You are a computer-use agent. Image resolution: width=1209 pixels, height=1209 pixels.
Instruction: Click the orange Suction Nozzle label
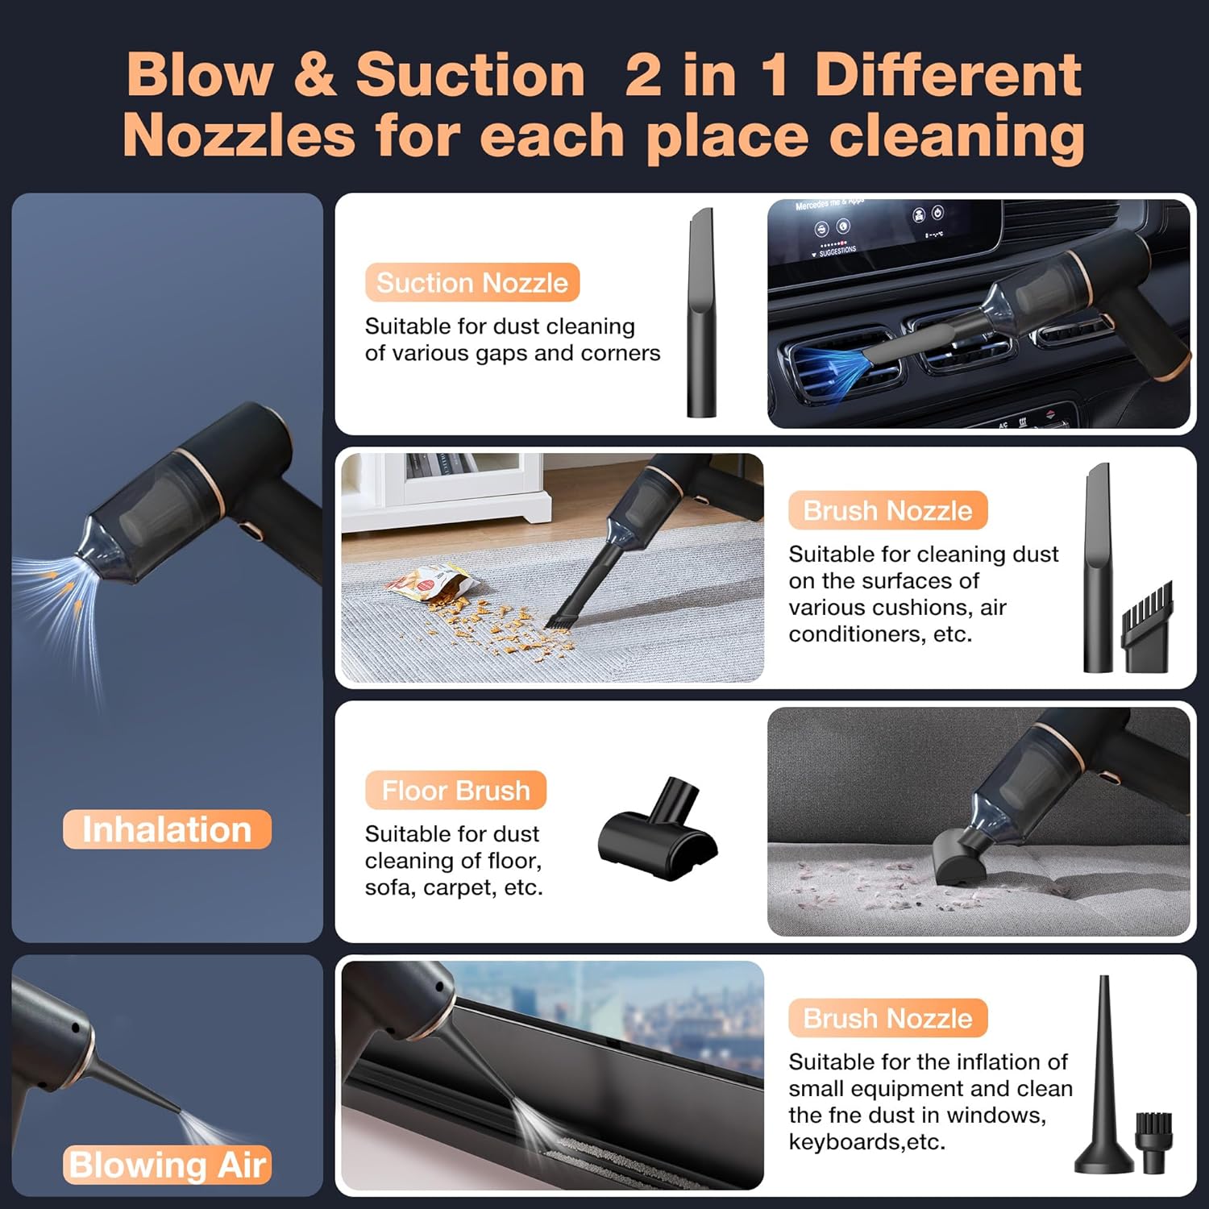[472, 283]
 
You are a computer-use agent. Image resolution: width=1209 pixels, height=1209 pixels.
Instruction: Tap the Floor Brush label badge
[455, 791]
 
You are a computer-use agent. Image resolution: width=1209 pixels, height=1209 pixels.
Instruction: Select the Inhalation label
[167, 829]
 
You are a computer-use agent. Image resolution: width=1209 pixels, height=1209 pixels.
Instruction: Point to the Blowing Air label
[167, 1165]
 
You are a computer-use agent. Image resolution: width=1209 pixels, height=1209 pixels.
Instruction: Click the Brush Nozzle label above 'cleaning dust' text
[887, 511]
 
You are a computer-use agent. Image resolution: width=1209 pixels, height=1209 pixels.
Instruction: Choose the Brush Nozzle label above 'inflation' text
[887, 1019]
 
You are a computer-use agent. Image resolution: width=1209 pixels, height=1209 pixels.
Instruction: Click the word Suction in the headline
[470, 75]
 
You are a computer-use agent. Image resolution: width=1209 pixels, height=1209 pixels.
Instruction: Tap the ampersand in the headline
[314, 75]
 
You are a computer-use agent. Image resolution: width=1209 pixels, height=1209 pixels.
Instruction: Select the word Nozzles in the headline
[239, 135]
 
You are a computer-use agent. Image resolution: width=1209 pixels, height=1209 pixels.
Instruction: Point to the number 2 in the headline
[643, 75]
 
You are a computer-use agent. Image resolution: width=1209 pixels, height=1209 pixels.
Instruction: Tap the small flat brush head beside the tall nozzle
[1148, 629]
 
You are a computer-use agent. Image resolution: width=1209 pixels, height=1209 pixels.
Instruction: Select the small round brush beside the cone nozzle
[1153, 1142]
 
